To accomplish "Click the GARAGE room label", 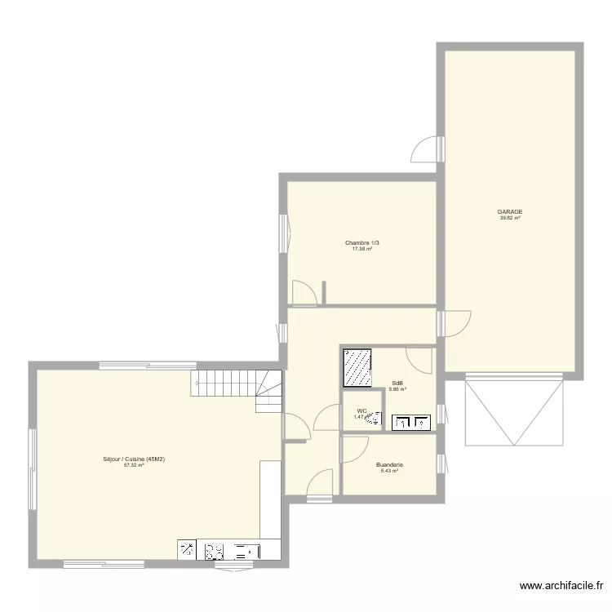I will click(x=510, y=211).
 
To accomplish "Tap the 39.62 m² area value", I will click(x=510, y=218).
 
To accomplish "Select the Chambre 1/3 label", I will click(x=361, y=242).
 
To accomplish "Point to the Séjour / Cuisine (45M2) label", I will click(x=134, y=459).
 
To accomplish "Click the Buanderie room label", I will click(x=389, y=465).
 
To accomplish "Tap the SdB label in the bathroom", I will click(x=397, y=383).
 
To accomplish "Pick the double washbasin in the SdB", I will click(x=412, y=422).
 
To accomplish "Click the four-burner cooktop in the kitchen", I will click(x=215, y=551).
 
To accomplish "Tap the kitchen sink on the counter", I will click(x=244, y=551).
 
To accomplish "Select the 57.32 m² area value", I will click(x=134, y=466).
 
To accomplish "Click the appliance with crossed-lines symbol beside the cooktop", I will click(x=188, y=551).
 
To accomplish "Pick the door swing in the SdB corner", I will click(x=419, y=360).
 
